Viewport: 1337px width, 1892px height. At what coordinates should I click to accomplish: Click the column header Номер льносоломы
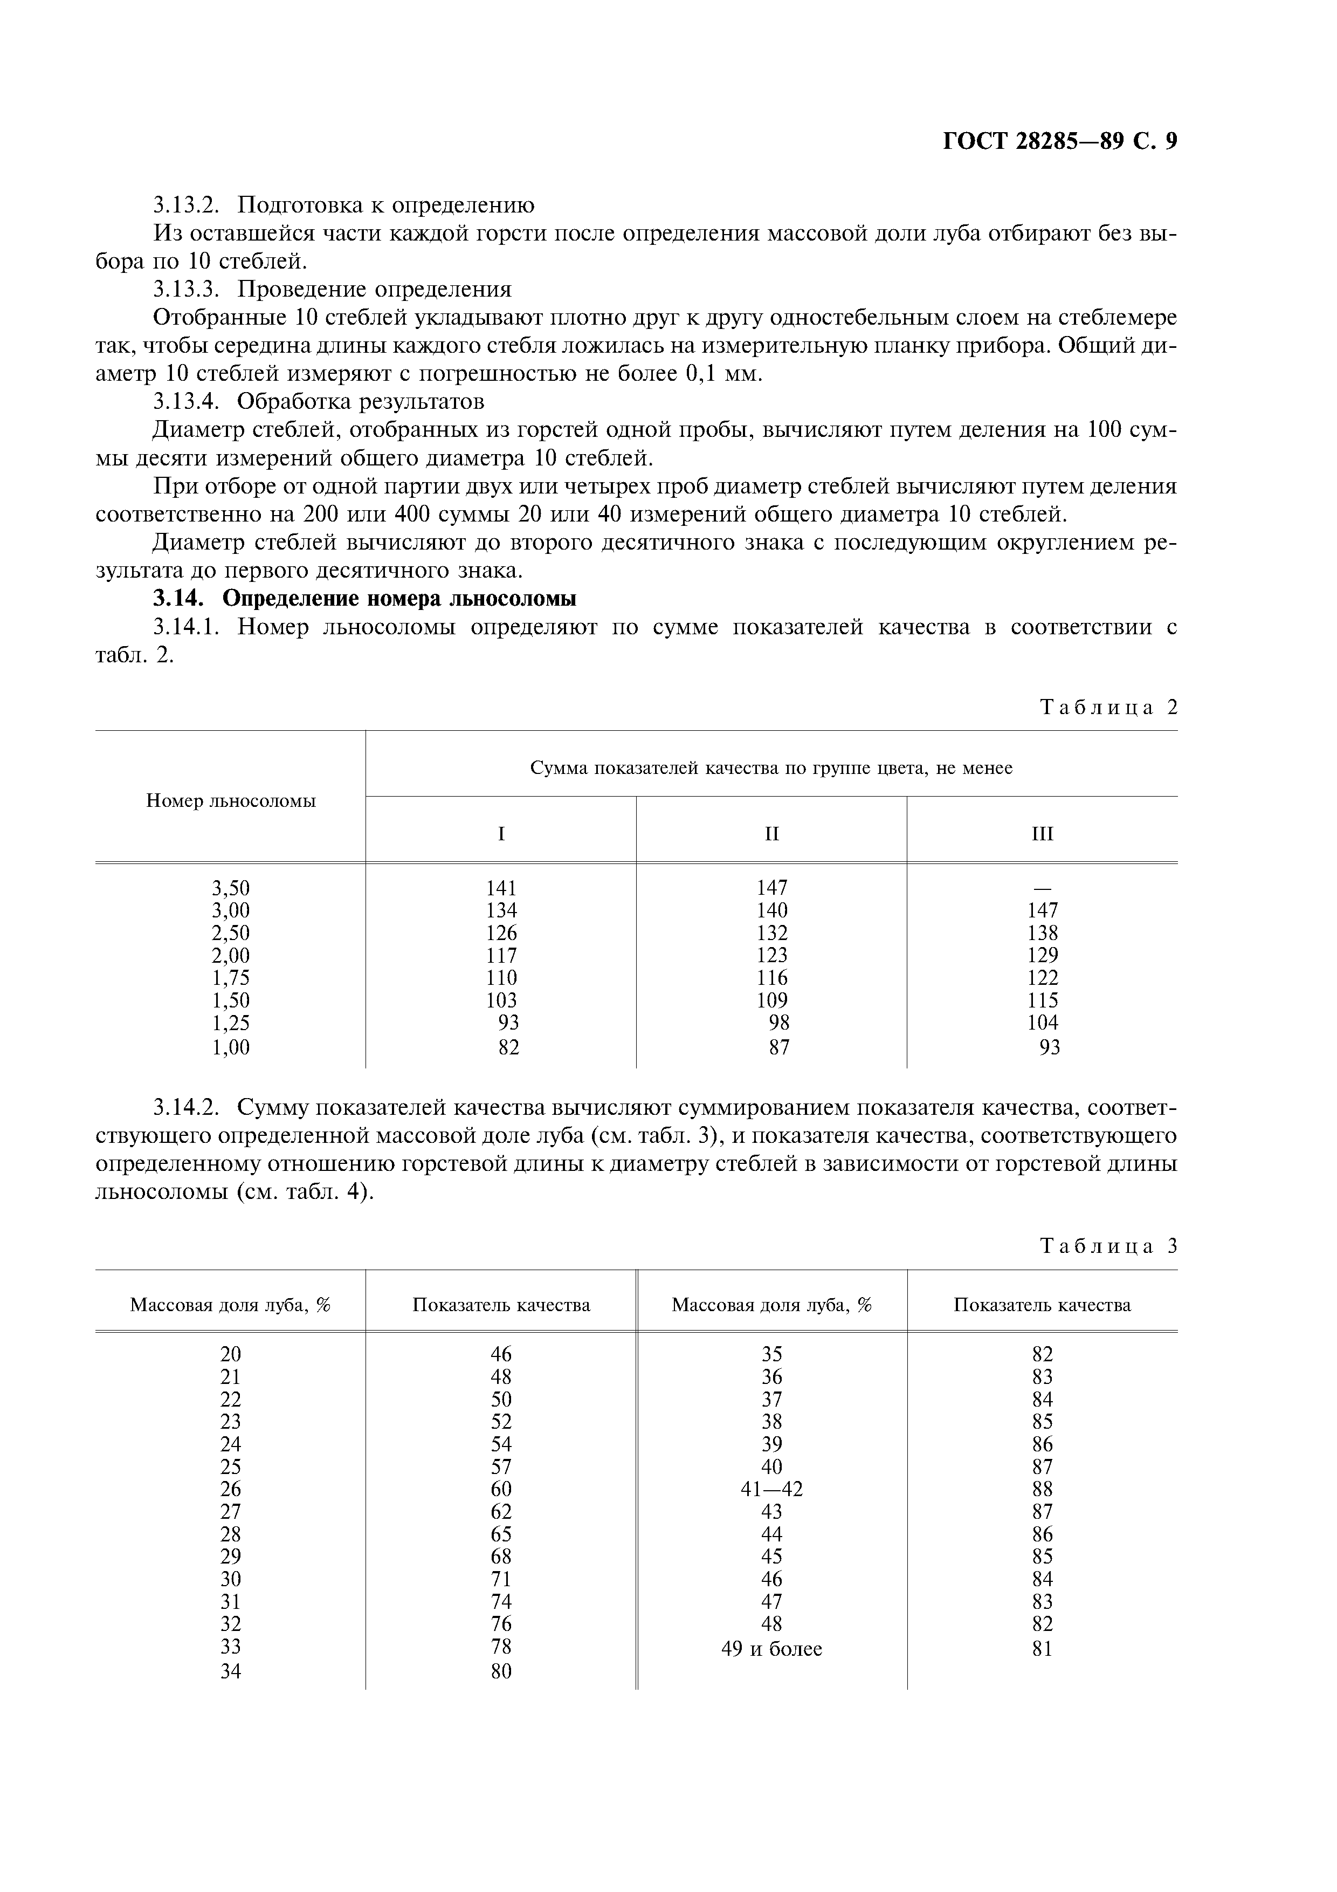click(x=231, y=800)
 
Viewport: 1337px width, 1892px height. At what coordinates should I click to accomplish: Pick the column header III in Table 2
click(x=1042, y=834)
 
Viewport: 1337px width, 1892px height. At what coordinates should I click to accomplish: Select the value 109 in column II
click(x=772, y=1000)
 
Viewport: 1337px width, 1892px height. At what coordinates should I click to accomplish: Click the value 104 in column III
click(x=1042, y=1023)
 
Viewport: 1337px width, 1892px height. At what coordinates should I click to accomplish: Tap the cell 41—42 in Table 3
click(x=772, y=1489)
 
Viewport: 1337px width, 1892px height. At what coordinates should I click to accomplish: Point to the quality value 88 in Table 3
click(x=1042, y=1489)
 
